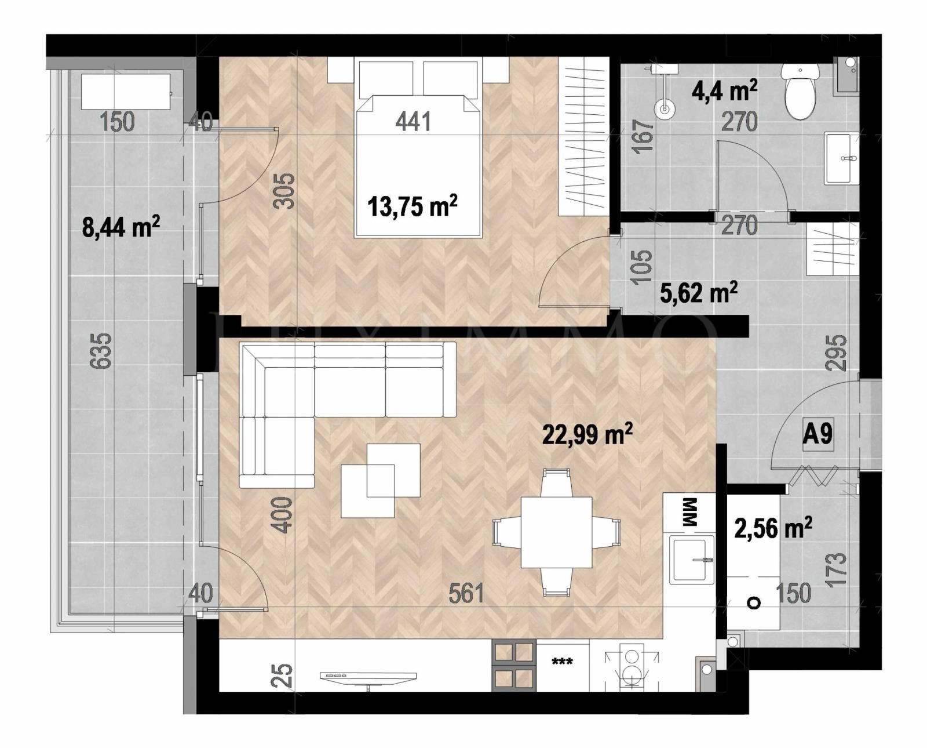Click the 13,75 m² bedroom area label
tap(413, 206)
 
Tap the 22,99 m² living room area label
tap(586, 434)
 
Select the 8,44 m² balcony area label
tap(121, 227)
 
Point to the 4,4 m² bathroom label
tap(724, 91)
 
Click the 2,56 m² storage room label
tap(773, 529)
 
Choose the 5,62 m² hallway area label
tap(698, 293)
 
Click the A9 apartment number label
tap(817, 433)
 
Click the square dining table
tap(556, 532)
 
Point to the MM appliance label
tap(689, 512)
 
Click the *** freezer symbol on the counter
tap(562, 662)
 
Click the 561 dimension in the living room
tap(466, 593)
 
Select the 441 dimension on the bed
tap(413, 122)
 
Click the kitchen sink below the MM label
tap(692, 559)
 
